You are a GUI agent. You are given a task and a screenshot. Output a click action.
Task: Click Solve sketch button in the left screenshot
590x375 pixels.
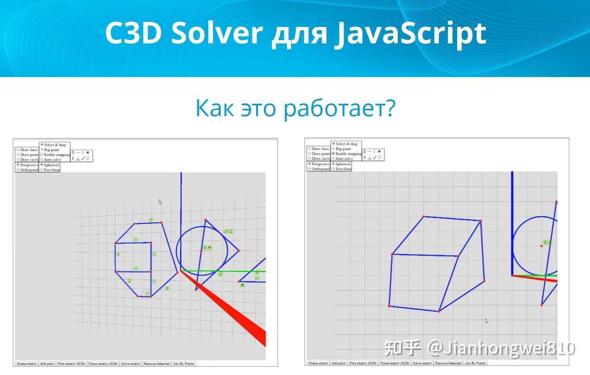tap(131, 364)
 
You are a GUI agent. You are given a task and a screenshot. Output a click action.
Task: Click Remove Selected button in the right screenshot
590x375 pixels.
tap(448, 363)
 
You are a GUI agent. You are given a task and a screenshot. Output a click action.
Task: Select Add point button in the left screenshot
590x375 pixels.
tap(47, 364)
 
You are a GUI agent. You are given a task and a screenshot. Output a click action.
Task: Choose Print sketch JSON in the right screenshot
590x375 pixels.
tap(362, 363)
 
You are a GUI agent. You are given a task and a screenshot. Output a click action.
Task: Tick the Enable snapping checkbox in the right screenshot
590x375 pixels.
tap(334, 154)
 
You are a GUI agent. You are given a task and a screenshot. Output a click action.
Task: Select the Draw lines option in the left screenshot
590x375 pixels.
tap(18, 149)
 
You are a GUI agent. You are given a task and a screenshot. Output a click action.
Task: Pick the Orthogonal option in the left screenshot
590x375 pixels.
tap(18, 169)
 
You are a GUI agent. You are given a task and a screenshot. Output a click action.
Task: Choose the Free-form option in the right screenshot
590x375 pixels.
tap(334, 169)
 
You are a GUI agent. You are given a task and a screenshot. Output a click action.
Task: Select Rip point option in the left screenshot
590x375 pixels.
tap(42, 149)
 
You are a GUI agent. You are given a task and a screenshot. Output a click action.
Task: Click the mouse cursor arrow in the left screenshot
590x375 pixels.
tap(160, 202)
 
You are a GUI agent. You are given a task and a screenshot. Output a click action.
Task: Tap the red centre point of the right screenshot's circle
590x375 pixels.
tap(542, 246)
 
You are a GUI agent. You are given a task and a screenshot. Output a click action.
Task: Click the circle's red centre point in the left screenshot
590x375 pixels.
tap(202, 252)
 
